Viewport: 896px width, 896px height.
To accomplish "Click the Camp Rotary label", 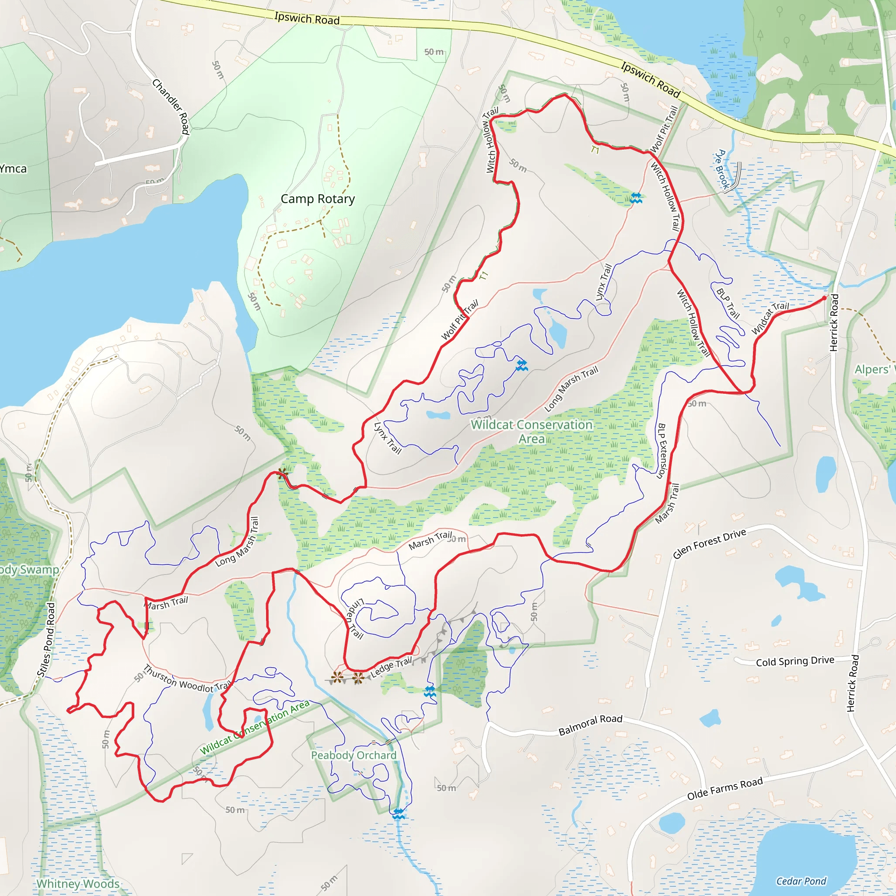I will (318, 199).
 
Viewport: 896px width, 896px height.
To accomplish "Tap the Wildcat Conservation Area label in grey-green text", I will (532, 431).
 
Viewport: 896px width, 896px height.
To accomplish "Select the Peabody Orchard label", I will (353, 756).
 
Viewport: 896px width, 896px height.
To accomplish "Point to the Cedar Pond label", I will (801, 881).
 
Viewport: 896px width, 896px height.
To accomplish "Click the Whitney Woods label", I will (78, 883).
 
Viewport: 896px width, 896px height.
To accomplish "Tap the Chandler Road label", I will (171, 107).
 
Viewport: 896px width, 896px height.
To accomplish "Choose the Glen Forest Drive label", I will (710, 543).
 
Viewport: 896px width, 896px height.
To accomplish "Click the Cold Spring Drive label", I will (795, 661).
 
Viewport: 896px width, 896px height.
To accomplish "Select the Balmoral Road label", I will (590, 725).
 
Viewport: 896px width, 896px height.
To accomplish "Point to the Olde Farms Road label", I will (725, 789).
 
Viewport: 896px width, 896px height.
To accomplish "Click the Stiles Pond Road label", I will (46, 640).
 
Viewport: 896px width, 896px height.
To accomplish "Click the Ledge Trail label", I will (391, 667).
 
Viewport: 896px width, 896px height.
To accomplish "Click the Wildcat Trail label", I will (770, 318).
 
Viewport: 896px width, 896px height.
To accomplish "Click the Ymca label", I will (13, 169).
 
